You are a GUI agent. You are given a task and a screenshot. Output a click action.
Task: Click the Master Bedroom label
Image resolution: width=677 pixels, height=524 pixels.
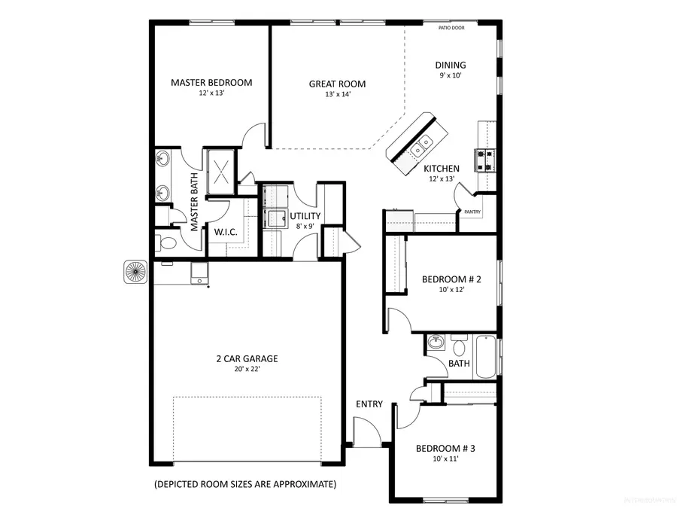211,83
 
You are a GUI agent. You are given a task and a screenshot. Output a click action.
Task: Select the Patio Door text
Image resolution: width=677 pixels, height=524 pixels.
451,29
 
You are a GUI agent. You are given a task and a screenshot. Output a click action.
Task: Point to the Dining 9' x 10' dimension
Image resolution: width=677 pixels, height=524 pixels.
450,75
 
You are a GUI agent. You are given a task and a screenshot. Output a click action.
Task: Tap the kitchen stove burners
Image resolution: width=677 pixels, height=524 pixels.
484,158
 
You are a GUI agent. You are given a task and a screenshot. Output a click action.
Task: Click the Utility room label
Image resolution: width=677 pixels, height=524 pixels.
306,216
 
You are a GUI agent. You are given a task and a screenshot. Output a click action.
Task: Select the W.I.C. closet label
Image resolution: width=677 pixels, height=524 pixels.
226,232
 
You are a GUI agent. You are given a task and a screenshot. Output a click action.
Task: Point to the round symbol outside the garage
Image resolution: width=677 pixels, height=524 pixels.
136,272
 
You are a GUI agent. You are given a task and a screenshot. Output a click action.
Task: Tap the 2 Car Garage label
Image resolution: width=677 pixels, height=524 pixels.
246,358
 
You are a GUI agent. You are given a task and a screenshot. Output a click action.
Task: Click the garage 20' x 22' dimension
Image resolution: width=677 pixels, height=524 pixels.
246,369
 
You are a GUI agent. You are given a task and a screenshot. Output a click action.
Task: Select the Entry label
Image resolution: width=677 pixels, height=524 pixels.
369,404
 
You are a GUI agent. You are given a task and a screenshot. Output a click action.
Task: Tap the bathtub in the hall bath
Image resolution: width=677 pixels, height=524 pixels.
484,357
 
